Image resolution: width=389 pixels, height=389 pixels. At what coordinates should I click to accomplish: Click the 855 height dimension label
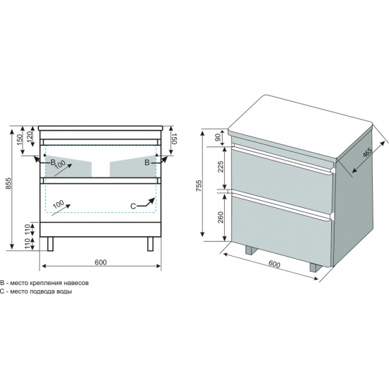click(x=8, y=183)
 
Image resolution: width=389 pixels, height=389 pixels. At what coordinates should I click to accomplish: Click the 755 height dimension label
click(x=199, y=185)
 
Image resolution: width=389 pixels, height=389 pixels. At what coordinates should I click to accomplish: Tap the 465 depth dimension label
click(x=367, y=152)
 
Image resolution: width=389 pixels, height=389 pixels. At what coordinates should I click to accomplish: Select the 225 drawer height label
click(x=221, y=167)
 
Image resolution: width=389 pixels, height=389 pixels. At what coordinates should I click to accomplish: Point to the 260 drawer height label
click(x=221, y=217)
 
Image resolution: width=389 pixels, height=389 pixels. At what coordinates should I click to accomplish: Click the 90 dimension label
click(x=218, y=137)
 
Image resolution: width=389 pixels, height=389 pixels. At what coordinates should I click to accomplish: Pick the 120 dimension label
click(x=30, y=136)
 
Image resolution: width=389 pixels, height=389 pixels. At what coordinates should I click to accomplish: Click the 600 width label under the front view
click(x=100, y=262)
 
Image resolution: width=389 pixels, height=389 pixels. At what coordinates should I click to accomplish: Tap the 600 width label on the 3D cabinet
click(x=274, y=265)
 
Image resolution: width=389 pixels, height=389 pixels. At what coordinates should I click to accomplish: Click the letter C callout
click(x=133, y=206)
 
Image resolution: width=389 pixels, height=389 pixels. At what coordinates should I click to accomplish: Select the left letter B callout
click(x=52, y=163)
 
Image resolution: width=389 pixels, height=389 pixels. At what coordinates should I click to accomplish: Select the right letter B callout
click(x=147, y=163)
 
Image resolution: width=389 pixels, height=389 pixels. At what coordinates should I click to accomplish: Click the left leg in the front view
click(x=50, y=244)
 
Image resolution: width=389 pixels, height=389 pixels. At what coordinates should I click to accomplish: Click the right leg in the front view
click(x=151, y=244)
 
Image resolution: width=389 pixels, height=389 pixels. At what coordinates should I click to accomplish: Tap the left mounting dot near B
click(x=45, y=155)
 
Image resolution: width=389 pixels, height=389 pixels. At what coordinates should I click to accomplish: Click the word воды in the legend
click(x=64, y=291)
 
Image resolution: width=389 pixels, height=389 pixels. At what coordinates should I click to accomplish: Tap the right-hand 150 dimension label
click(x=173, y=139)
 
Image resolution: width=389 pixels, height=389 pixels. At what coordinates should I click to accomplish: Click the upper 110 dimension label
click(x=27, y=230)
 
